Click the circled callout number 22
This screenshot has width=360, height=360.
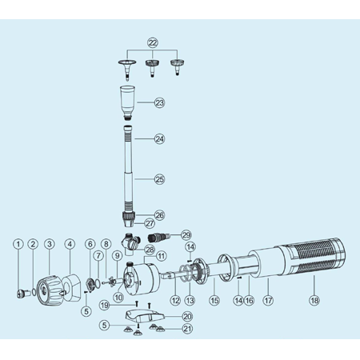pyautogui.click(x=153, y=42)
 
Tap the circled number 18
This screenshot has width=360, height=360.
pyautogui.click(x=314, y=301)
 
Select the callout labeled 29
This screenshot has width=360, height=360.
pyautogui.click(x=186, y=235)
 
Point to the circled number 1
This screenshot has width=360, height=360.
pyautogui.click(x=18, y=244)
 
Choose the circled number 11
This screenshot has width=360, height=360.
pyautogui.click(x=162, y=256)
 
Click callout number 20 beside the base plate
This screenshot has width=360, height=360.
pyautogui.click(x=187, y=317)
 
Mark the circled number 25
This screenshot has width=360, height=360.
pyautogui.click(x=159, y=179)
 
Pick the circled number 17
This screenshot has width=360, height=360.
pyautogui.click(x=268, y=301)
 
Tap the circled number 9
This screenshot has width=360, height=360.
pyautogui.click(x=117, y=256)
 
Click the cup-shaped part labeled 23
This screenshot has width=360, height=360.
pyautogui.click(x=127, y=102)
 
